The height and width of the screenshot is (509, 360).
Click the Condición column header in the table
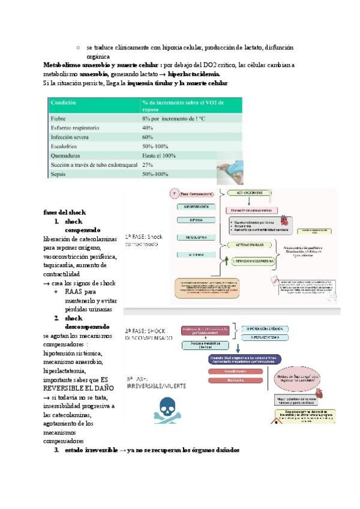click(x=64, y=103)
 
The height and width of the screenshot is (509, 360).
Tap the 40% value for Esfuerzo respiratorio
click(x=148, y=128)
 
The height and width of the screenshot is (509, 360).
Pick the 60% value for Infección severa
click(x=148, y=137)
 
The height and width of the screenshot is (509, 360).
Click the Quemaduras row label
click(x=66, y=155)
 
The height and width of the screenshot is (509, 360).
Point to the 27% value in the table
click(x=148, y=164)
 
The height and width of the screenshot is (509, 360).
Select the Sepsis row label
click(x=59, y=174)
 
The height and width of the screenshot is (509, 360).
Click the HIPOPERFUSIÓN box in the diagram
click(x=194, y=206)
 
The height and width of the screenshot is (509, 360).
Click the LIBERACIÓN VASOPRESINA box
click(x=251, y=262)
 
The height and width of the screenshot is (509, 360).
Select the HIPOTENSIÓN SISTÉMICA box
click(x=270, y=329)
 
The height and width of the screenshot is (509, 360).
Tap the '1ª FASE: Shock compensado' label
click(x=144, y=241)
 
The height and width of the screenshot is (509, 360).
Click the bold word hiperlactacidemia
click(x=194, y=73)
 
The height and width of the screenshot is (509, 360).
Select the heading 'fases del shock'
click(x=65, y=212)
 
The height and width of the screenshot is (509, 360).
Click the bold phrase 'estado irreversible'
click(x=92, y=450)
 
